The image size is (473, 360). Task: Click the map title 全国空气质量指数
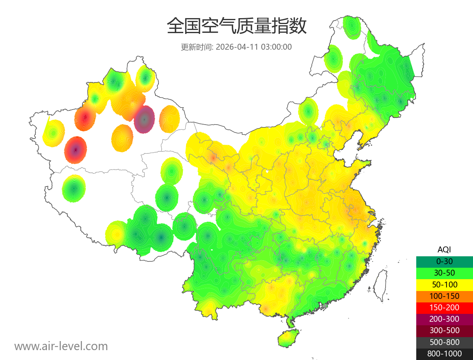pyautogui.click(x=236, y=26)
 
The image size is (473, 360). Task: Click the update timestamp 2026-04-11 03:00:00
pyautogui.click(x=254, y=47)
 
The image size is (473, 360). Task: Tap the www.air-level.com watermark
pyautogui.click(x=61, y=346)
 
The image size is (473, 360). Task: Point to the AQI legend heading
pyautogui.click(x=444, y=249)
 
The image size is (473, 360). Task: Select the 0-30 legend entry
pyautogui.click(x=444, y=261)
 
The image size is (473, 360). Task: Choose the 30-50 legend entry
pyautogui.click(x=444, y=272)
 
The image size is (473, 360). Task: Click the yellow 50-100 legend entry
pyautogui.click(x=444, y=284)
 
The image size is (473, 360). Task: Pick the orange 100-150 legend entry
pyautogui.click(x=444, y=296)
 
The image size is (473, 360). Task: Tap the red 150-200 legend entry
pyautogui.click(x=444, y=307)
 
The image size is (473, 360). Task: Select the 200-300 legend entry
pyautogui.click(x=444, y=319)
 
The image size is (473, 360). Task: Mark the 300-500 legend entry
pyautogui.click(x=444, y=330)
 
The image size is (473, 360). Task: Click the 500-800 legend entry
pyautogui.click(x=444, y=342)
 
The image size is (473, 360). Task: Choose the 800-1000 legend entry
pyautogui.click(x=444, y=354)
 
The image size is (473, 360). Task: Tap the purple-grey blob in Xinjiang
pyautogui.click(x=144, y=119)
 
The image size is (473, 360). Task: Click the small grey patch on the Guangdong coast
pyautogui.click(x=325, y=305)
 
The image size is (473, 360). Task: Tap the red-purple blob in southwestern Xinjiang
pyautogui.click(x=76, y=150)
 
